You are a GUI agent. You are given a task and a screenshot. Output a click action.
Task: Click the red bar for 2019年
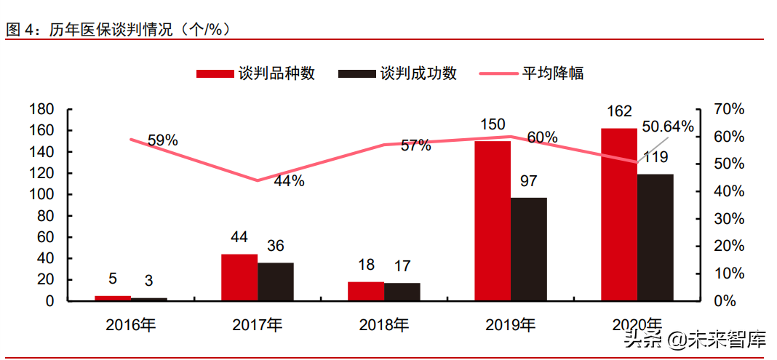tap(493, 220)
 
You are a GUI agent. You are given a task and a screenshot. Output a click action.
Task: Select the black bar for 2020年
tap(655, 237)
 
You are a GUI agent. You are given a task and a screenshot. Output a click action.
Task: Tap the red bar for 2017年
tap(239, 277)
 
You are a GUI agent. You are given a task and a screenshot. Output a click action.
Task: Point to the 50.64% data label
tap(668, 127)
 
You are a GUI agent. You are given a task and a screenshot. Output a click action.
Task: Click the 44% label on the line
tap(289, 182)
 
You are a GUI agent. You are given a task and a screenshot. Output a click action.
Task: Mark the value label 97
tap(528, 181)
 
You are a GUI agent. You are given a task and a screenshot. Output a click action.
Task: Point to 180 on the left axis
tap(42, 109)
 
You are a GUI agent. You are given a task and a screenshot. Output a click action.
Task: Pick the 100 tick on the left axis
tap(42, 194)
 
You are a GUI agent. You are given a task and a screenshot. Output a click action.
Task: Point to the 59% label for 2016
tap(162, 140)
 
